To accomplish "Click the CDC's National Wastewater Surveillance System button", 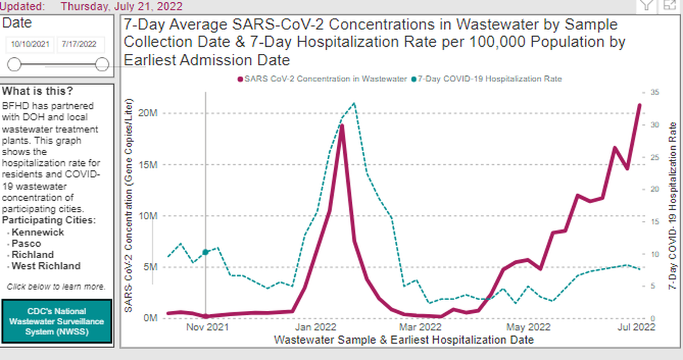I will coord(57,322).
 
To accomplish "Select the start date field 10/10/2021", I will coord(30,45).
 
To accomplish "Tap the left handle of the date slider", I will coord(14,65).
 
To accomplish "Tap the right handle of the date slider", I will coord(102,65).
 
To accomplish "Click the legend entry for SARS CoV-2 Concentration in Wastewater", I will coord(323,79).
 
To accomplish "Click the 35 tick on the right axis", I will coord(654,93).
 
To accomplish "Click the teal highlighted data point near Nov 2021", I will coord(205,252).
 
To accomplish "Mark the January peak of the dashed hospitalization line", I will coord(354,104).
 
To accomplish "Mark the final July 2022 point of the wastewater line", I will coord(639,105).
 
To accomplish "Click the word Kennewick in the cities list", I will coord(38,232).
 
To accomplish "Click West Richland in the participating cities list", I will coord(46,266).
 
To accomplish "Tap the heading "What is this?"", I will coord(38,92).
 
